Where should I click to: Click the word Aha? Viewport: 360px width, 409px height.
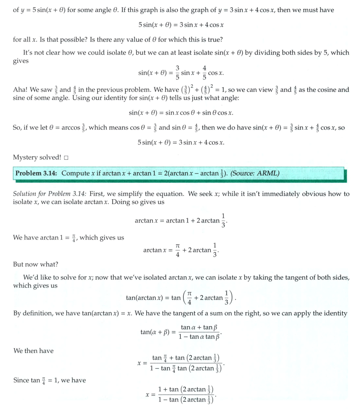21,90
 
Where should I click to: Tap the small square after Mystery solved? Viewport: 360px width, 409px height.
66,158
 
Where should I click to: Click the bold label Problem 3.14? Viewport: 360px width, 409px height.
36,173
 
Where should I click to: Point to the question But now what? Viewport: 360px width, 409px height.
36,264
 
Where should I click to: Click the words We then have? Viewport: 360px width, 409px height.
33,351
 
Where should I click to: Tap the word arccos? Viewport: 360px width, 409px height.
71,128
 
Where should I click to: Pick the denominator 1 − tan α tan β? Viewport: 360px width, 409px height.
199,337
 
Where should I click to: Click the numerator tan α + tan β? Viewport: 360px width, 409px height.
199,328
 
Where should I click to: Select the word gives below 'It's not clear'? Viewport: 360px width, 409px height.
21,61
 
